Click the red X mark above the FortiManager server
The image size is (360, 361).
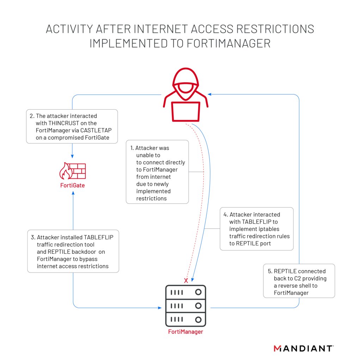point(186,281)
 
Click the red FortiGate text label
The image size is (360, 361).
point(72,185)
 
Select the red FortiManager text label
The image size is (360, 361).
point(185,332)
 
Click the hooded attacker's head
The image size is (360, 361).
point(186,82)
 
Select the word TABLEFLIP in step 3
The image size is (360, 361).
point(99,237)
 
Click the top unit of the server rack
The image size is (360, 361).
point(186,293)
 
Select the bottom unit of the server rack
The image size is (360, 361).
point(186,320)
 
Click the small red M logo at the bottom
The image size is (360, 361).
point(277,348)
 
